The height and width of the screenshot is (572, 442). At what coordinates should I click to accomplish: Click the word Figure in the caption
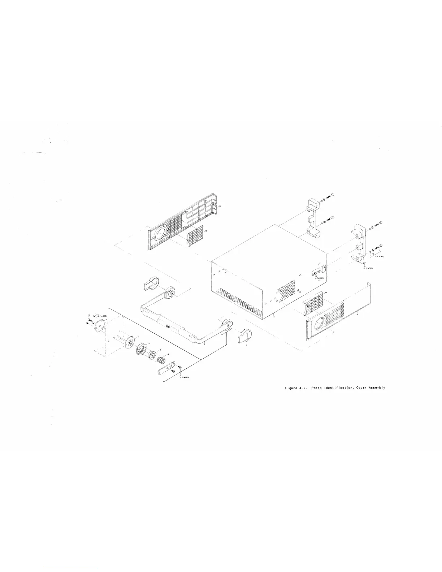289,388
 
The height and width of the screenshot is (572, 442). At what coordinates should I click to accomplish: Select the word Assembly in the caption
377,388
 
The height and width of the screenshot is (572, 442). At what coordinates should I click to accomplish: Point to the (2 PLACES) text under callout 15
319,278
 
